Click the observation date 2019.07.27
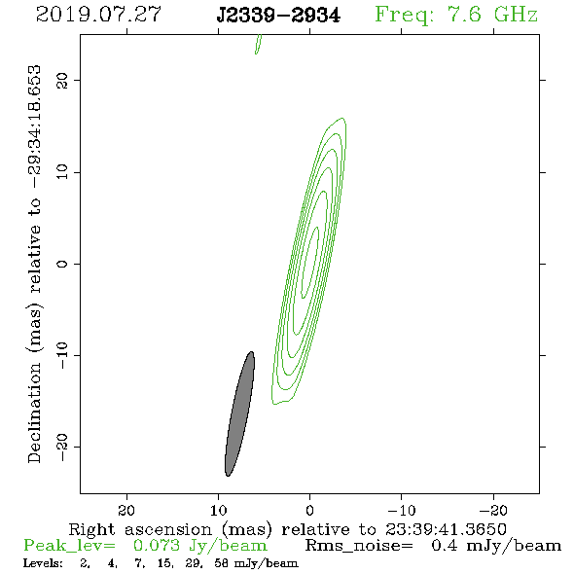point(98,15)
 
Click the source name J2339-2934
point(278,16)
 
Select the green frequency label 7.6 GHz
point(492,15)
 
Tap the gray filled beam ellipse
point(239,413)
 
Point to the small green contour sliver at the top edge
point(258,45)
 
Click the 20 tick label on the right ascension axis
point(126,510)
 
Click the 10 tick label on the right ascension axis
point(218,510)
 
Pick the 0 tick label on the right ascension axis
point(309,510)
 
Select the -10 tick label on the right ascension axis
point(402,510)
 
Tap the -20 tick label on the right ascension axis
point(493,510)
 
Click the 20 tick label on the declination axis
point(62,80)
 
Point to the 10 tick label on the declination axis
point(62,172)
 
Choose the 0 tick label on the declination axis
point(62,264)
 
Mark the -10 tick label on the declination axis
point(62,355)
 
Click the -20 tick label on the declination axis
point(62,447)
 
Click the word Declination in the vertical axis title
point(34,413)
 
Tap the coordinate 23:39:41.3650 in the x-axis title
point(446,529)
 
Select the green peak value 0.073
point(157,546)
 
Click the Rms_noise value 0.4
point(445,546)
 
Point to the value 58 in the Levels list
point(222,562)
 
